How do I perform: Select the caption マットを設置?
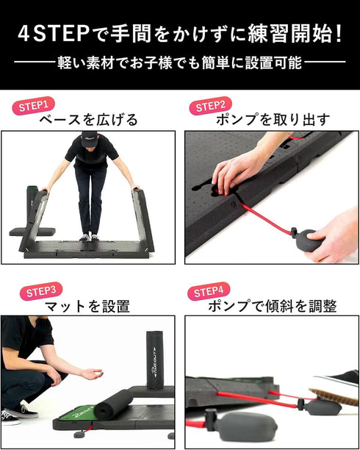[x=87, y=306]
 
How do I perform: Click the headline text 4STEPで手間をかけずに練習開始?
[x=180, y=33]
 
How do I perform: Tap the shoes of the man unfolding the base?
[x=90, y=237]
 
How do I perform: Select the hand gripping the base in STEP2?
[x=235, y=171]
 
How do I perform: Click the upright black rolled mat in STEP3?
[x=156, y=359]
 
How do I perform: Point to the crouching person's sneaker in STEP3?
[x=10, y=417]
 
